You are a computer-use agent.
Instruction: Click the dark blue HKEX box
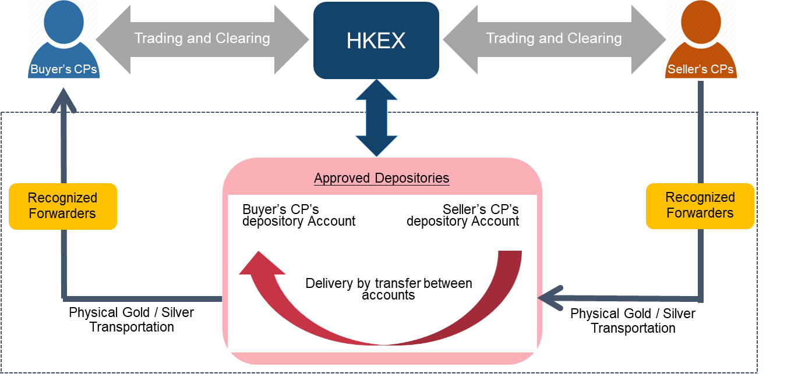[x=376, y=40]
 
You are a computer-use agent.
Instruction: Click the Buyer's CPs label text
[x=63, y=70]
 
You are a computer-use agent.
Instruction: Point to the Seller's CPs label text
[x=701, y=70]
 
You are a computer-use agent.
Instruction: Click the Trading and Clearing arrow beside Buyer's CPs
[x=202, y=39]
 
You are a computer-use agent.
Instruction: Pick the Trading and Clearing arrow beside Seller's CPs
[x=554, y=39]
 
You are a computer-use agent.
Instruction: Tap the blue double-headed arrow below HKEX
[x=376, y=118]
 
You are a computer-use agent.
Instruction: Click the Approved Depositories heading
[x=382, y=178]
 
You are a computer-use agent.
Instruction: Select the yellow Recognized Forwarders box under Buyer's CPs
[x=63, y=206]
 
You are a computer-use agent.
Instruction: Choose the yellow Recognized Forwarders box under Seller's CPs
[x=700, y=205]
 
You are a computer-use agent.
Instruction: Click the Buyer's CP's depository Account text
[x=299, y=215]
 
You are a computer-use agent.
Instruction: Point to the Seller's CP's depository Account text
[x=463, y=215]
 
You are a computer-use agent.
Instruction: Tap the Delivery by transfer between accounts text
[x=389, y=289]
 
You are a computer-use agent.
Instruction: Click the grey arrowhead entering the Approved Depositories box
[x=550, y=298]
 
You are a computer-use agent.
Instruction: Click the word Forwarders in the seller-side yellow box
[x=700, y=213]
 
